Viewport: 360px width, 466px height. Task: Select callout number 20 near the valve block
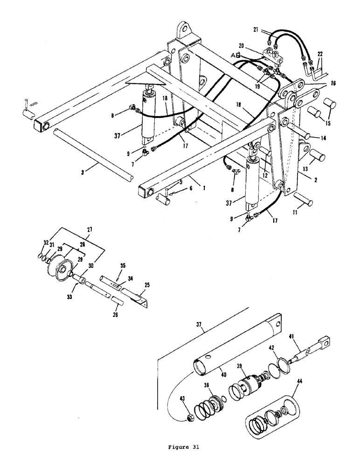point(242,46)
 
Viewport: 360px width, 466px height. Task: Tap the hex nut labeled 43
point(190,405)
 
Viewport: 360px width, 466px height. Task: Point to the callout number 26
point(115,315)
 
